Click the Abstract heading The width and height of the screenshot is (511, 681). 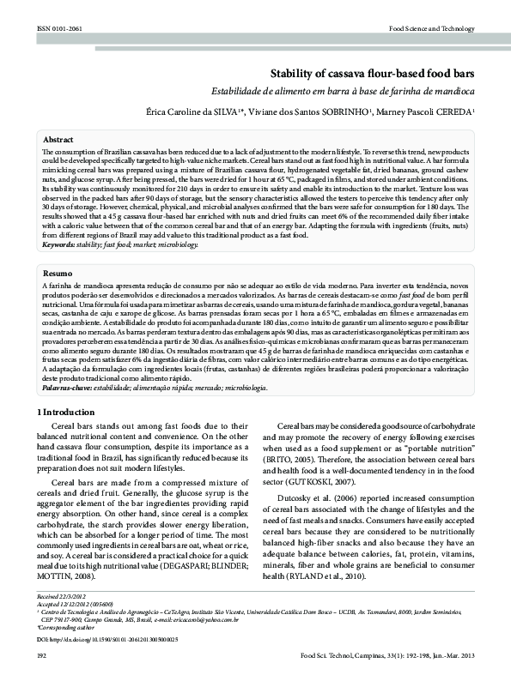tap(58, 138)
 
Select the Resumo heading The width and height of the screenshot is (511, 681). tap(58, 272)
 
